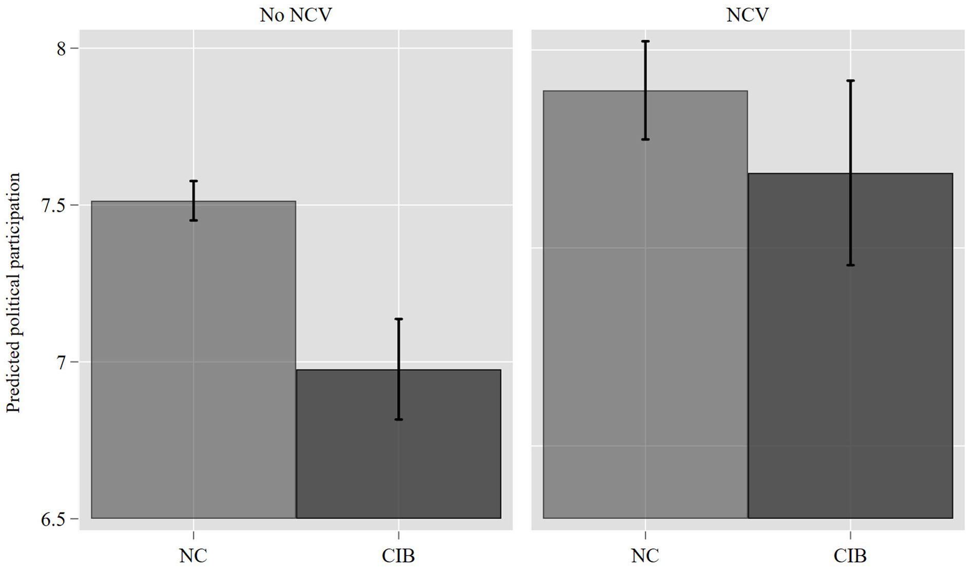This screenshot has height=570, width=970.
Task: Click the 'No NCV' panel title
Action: (296, 15)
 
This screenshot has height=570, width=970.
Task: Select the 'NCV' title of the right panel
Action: (747, 15)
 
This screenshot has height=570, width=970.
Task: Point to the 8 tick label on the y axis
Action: (61, 49)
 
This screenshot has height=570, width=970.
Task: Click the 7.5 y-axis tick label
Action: (53, 205)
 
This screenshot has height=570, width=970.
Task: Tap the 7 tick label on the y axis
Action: (61, 362)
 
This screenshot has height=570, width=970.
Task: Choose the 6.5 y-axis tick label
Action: (53, 519)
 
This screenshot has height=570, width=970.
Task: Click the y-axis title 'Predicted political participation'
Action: (13, 292)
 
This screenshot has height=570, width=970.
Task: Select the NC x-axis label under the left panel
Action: (193, 556)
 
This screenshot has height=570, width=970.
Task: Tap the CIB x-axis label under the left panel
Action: (398, 556)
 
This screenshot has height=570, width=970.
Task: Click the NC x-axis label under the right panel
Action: (645, 556)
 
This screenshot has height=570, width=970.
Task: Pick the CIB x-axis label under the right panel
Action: (850, 556)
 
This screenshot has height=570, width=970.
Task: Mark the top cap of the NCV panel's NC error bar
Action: (645, 41)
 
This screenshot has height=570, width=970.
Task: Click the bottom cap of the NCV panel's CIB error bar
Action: (850, 265)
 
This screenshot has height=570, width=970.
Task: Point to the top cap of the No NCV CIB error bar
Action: (399, 319)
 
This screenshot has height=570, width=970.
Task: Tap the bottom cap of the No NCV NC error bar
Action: (193, 220)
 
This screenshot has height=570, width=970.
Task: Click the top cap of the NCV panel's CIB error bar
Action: (850, 81)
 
